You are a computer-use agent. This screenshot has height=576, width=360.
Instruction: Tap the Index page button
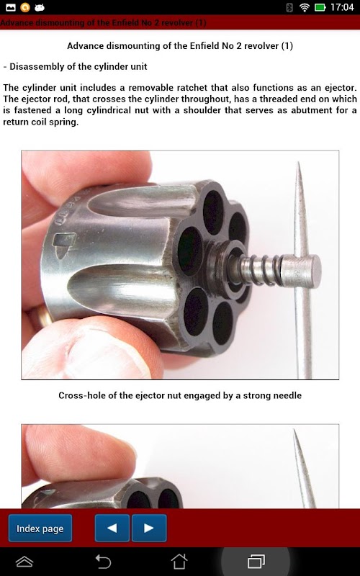[x=40, y=528]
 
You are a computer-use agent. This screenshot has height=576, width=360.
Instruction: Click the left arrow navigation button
[x=112, y=528]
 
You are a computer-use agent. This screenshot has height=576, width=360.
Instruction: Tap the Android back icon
[x=103, y=562]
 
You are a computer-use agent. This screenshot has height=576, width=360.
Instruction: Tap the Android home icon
[x=179, y=562]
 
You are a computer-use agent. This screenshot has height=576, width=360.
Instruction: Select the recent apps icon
[x=256, y=562]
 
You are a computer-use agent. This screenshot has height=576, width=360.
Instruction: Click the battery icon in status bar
[x=320, y=7]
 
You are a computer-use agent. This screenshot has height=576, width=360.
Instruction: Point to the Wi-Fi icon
[x=305, y=7]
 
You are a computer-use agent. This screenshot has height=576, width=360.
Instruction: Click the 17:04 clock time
[x=342, y=7]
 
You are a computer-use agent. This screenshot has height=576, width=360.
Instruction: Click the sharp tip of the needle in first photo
[x=298, y=163]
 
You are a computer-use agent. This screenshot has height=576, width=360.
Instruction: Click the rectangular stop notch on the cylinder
[x=64, y=240]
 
